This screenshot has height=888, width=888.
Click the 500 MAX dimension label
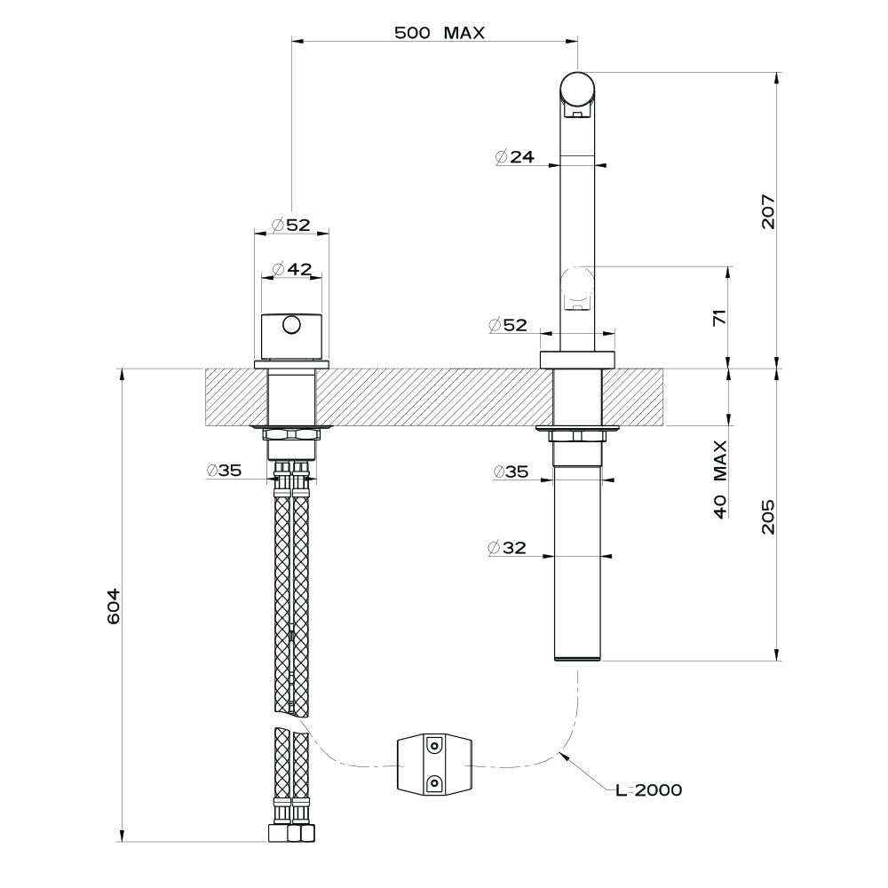click(440, 33)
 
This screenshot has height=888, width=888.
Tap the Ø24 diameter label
click(514, 157)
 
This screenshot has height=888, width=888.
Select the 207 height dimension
click(768, 211)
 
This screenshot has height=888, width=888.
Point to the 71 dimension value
click(719, 318)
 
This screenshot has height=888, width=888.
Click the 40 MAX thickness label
click(720, 480)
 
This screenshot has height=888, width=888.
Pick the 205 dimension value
click(768, 517)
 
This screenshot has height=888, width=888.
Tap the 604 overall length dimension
click(114, 607)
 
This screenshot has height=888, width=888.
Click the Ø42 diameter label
click(291, 270)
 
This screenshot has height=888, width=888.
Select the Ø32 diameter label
click(506, 548)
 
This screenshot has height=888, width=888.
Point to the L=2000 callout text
click(649, 789)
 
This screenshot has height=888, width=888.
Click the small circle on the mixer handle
click(291, 326)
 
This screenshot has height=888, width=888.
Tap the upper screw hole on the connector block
click(434, 746)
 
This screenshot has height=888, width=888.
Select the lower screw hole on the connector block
click(434, 783)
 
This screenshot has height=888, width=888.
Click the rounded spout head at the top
click(578, 90)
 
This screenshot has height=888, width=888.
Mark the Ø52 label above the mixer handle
click(291, 226)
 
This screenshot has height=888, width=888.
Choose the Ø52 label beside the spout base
click(507, 325)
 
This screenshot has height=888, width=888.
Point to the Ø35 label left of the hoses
click(225, 470)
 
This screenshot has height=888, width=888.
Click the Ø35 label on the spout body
click(511, 472)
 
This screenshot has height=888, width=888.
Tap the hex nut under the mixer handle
click(291, 434)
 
